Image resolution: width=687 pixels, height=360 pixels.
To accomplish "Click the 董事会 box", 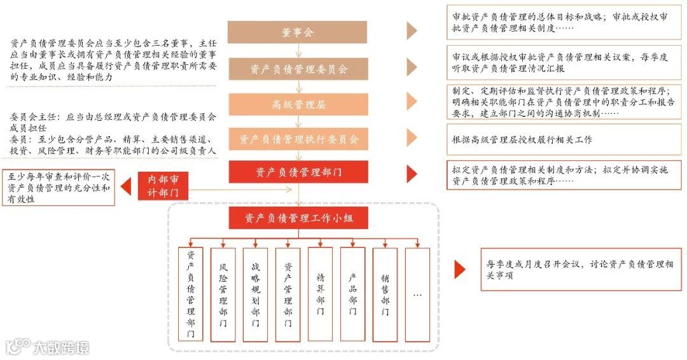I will (297, 32).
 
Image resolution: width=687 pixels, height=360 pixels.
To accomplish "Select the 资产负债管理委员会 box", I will (297, 68).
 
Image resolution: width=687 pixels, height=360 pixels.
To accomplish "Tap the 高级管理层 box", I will (297, 104).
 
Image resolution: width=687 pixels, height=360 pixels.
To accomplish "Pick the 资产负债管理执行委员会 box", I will (297, 139).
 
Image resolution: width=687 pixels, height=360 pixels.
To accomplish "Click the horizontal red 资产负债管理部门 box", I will (297, 172).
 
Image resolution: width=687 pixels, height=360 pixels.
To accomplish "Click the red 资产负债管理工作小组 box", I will (297, 218).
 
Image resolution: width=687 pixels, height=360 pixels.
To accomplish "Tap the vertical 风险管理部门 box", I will (223, 294).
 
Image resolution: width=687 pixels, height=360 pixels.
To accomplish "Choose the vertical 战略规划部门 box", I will (256, 294).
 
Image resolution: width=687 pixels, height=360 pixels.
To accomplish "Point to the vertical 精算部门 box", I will (320, 294).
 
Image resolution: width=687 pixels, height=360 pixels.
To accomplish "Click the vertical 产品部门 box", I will (353, 294).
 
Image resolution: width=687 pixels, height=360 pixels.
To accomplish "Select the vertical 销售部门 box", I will (385, 294).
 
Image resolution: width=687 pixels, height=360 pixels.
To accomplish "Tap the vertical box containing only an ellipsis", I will (417, 294).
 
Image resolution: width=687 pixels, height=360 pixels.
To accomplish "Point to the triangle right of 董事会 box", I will (412, 31).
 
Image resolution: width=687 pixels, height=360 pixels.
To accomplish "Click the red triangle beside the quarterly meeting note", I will (459, 270).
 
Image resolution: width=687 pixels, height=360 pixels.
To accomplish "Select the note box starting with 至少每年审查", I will (59, 188).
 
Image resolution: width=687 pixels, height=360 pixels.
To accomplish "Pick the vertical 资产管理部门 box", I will (288, 294).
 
